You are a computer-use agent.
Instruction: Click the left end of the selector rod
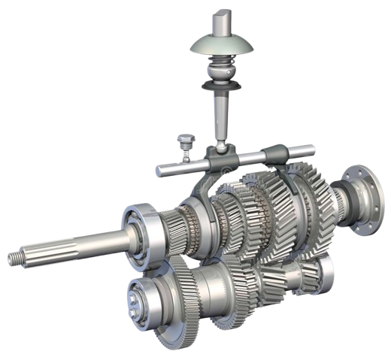pyautogui.click(x=161, y=171)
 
